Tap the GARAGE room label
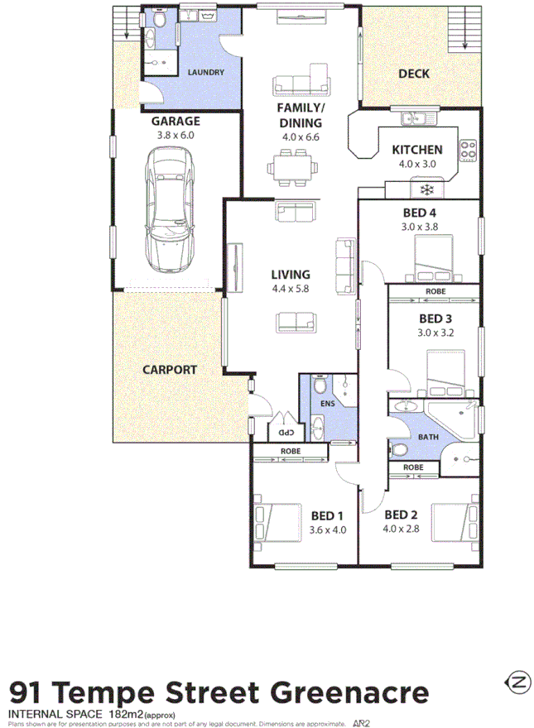(x=175, y=120)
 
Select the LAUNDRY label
(x=205, y=73)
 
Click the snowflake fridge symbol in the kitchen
(x=428, y=190)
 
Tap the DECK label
(x=414, y=74)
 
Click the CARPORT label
(x=169, y=370)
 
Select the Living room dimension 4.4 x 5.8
(x=290, y=289)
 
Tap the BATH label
(x=428, y=438)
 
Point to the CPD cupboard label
(x=284, y=432)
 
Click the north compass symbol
(x=516, y=683)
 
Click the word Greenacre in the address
(x=358, y=692)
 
